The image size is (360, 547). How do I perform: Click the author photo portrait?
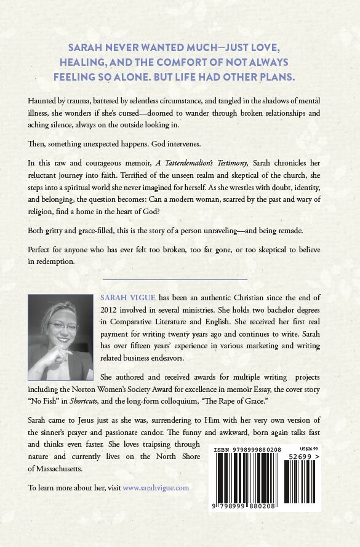point(60,337)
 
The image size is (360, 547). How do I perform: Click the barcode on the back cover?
point(265,476)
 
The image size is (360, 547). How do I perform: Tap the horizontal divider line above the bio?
point(175,280)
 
